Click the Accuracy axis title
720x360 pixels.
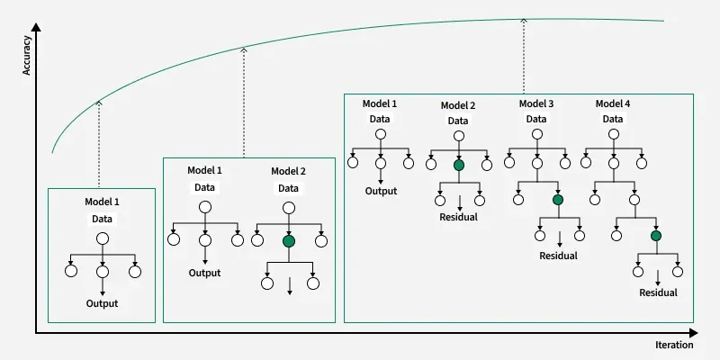click(x=27, y=55)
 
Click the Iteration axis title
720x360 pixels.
click(x=674, y=345)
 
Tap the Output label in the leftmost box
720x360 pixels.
click(x=102, y=303)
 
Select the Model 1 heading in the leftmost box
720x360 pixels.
click(x=102, y=202)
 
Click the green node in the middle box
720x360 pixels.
click(x=288, y=240)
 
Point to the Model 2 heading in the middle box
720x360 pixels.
click(x=288, y=171)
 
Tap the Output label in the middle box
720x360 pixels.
click(x=205, y=274)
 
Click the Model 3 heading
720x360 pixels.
click(x=536, y=103)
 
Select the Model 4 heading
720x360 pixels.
click(x=613, y=103)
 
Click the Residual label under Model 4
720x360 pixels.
click(x=657, y=292)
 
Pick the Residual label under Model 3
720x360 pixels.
click(x=557, y=256)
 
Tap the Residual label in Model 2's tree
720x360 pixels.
click(x=458, y=217)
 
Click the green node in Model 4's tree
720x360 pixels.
click(x=656, y=236)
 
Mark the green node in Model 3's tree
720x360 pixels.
click(x=557, y=200)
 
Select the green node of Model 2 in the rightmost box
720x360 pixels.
click(x=459, y=164)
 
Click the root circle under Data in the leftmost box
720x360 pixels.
click(x=102, y=238)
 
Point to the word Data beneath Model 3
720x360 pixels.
click(x=536, y=119)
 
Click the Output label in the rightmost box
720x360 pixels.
click(x=381, y=190)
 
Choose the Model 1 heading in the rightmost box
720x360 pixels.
click(x=381, y=103)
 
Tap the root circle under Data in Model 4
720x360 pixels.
click(x=613, y=134)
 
